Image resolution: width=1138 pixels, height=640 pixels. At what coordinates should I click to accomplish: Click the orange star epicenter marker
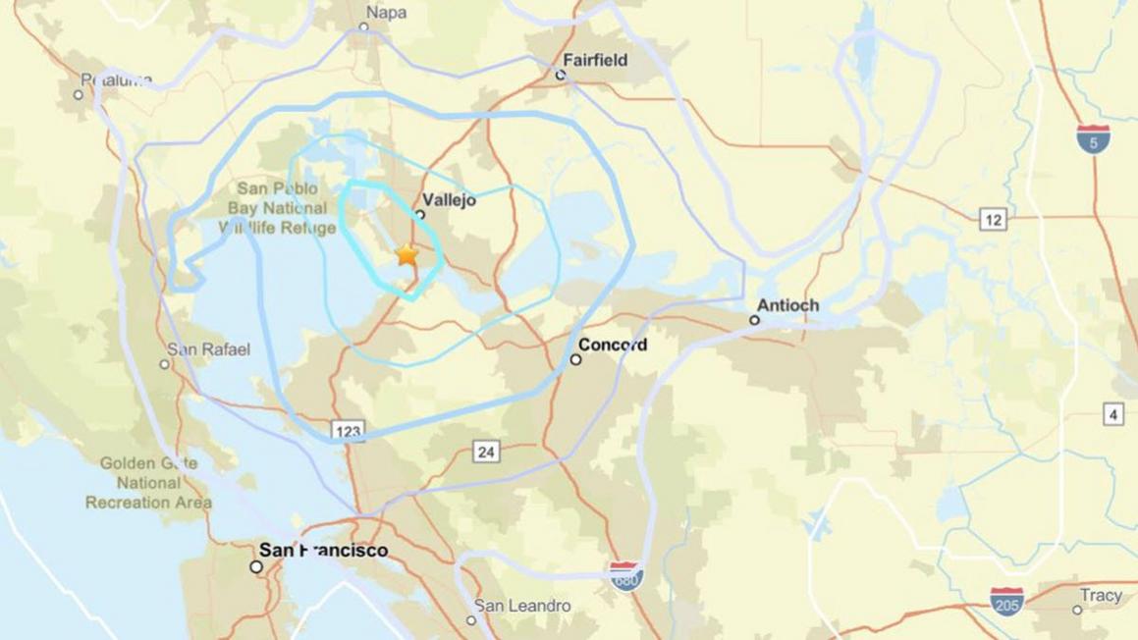tap(406, 255)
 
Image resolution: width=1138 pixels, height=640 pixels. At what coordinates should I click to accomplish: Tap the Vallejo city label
tap(449, 200)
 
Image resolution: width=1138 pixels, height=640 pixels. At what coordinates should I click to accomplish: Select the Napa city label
tap(386, 13)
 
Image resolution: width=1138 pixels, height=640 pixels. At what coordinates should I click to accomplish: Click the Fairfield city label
tap(595, 60)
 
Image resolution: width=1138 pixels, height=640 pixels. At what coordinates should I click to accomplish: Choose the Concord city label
tap(612, 346)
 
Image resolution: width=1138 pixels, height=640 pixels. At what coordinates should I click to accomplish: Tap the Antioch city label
tap(787, 306)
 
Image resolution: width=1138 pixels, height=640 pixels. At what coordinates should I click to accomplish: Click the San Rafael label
tap(208, 349)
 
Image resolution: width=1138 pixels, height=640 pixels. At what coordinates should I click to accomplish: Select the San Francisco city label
tap(323, 551)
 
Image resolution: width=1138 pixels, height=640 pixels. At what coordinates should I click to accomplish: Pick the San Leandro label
tap(522, 607)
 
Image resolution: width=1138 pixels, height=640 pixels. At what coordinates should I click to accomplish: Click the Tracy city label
tap(1101, 596)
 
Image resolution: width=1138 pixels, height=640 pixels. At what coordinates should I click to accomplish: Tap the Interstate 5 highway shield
tap(1093, 137)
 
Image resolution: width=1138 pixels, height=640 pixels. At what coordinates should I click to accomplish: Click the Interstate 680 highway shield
tap(626, 575)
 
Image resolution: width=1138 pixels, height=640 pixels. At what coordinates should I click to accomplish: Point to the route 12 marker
tap(993, 220)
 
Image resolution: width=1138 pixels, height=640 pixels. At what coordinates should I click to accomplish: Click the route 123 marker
tap(348, 431)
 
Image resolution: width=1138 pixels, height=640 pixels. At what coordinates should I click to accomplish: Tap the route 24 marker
tap(486, 452)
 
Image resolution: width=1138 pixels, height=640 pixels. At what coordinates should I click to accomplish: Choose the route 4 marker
tap(1113, 415)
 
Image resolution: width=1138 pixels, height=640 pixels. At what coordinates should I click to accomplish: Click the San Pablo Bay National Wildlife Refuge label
tap(278, 208)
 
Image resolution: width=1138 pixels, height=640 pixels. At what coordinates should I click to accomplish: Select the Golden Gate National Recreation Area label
tap(148, 483)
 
